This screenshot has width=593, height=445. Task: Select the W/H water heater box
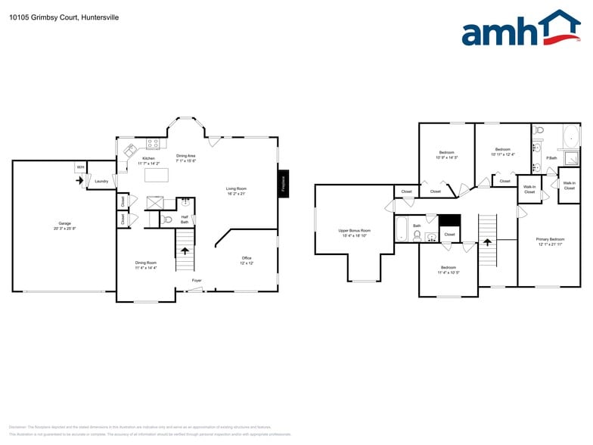(x=80, y=167)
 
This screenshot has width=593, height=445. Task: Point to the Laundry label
(x=101, y=182)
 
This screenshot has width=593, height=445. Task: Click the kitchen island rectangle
(x=157, y=175)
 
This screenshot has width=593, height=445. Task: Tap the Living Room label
(x=236, y=191)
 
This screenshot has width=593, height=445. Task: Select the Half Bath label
(x=185, y=219)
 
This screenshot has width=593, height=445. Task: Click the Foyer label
(x=197, y=281)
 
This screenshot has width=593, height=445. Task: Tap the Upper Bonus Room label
(x=354, y=232)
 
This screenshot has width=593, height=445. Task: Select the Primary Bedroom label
(x=551, y=241)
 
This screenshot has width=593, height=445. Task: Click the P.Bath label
(x=551, y=157)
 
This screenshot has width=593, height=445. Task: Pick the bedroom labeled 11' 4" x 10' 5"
(x=448, y=269)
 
